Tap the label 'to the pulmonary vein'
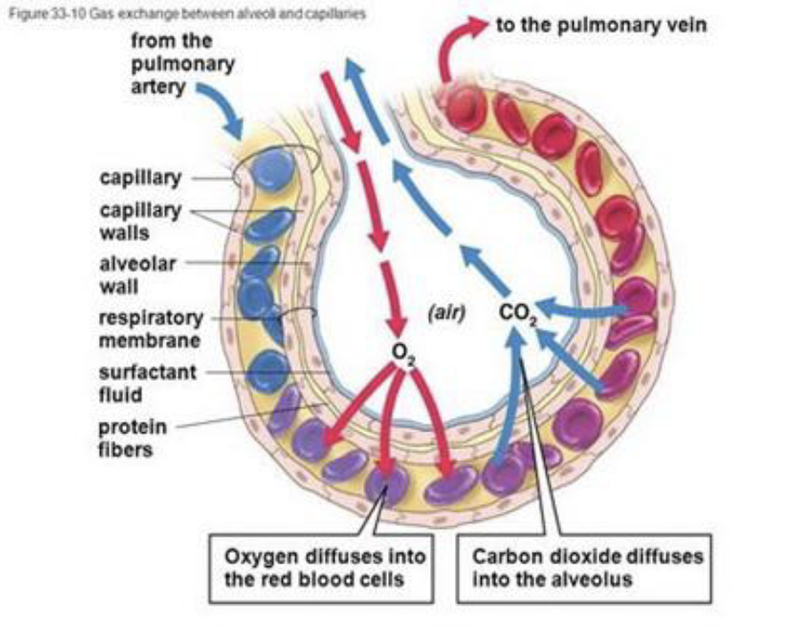(x=601, y=25)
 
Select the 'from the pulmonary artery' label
(x=183, y=64)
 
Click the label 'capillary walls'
(x=139, y=222)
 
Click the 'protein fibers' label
(x=132, y=437)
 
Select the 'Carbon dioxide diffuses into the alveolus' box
(x=587, y=569)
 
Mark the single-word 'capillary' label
(x=140, y=177)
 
